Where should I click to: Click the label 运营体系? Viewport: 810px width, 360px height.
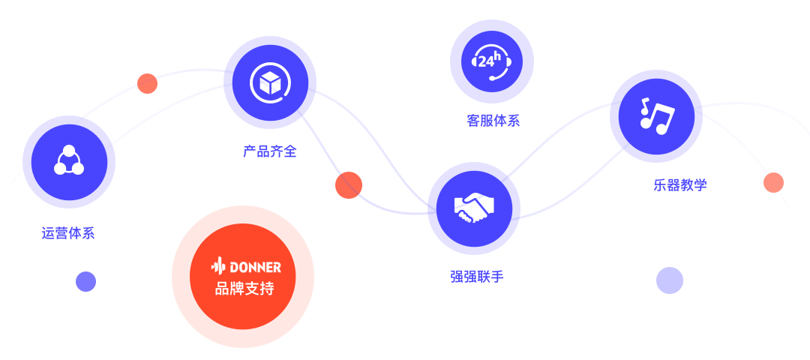68,233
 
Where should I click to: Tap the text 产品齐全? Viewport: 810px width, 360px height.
270,151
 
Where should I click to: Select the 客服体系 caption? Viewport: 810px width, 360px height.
493,121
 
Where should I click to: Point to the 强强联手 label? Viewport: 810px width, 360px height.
477,277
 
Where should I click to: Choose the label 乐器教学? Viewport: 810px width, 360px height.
680,185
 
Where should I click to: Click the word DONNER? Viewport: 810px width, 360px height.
255,267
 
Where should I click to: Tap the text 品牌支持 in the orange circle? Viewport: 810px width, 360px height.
244,289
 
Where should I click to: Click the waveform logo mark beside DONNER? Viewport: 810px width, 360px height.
218,266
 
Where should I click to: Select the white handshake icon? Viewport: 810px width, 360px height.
474,208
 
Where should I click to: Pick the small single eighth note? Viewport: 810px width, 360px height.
643,106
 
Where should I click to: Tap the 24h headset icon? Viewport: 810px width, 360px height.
492,61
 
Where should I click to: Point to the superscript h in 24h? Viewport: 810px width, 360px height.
497,55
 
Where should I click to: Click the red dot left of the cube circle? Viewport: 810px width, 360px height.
147,83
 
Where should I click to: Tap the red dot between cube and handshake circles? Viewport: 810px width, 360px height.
349,185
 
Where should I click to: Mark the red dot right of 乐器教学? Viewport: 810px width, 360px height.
773,182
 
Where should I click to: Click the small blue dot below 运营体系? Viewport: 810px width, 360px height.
85,281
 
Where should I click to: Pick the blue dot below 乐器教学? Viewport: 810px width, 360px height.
670,280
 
